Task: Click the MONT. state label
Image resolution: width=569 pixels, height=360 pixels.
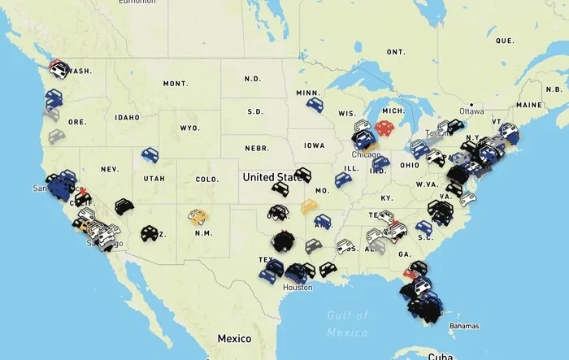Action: point(175,84)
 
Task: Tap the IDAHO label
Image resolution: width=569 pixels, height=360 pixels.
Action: point(128,118)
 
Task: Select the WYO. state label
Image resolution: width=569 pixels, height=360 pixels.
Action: point(189,128)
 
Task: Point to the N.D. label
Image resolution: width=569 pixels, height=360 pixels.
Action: point(253,79)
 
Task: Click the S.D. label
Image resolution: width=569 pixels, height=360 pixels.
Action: point(254,111)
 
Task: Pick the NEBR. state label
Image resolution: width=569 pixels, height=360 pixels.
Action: point(256,149)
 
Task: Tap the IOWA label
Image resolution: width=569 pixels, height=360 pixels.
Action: point(314,145)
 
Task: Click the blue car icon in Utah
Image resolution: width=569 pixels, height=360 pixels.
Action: point(150,154)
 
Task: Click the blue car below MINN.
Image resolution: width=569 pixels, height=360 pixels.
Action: point(315,105)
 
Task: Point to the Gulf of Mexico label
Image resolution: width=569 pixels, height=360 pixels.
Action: point(349,323)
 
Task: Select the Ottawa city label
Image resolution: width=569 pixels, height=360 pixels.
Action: point(471,111)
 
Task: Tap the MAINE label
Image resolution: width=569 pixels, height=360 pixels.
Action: point(528,105)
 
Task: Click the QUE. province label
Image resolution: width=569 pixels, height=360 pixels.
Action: point(505,40)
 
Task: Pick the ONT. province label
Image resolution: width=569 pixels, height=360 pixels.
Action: point(396,52)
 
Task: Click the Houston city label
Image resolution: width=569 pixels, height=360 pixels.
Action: point(298,288)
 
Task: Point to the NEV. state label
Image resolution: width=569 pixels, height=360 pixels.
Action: point(109,169)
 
